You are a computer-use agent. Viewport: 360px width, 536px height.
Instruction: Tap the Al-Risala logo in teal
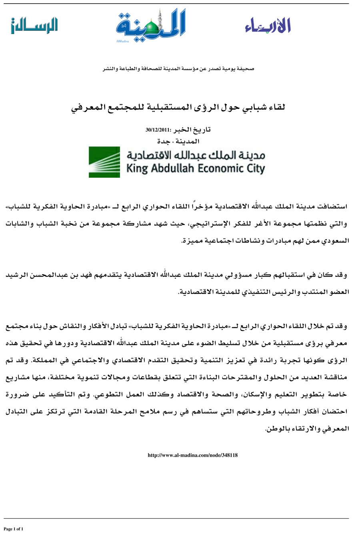coord(34,26)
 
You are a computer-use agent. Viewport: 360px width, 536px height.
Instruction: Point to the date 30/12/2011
coord(158,130)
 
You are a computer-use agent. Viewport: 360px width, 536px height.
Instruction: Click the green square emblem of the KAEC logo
coord(104,162)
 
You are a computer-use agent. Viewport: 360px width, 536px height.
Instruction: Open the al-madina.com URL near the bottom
coord(193,455)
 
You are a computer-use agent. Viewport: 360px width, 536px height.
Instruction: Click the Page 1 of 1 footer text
coord(14,529)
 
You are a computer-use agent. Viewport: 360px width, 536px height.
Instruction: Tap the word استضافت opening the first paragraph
coord(330,207)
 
